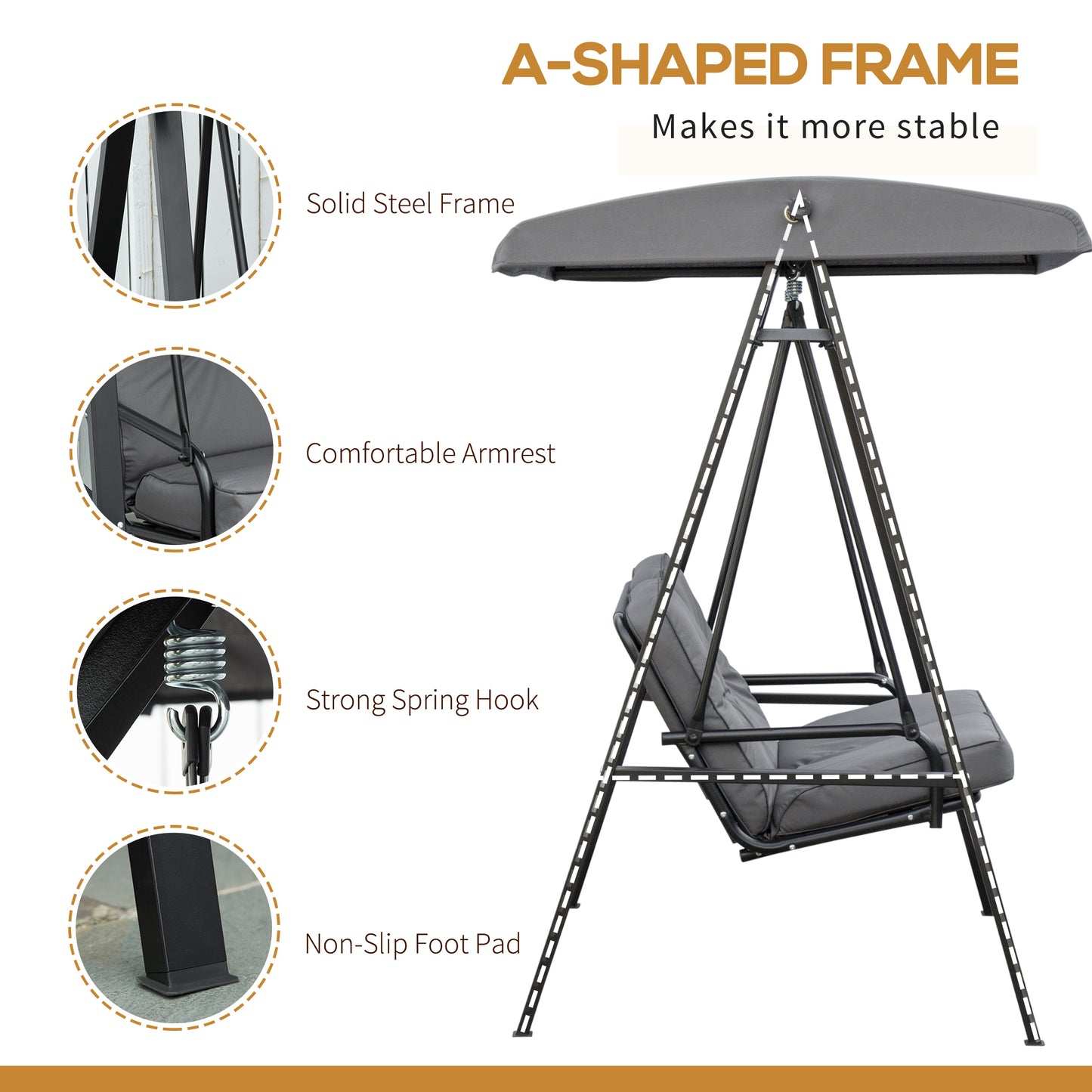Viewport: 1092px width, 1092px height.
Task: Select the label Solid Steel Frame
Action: (x=410, y=203)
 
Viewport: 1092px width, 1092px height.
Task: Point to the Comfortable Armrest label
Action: (x=430, y=453)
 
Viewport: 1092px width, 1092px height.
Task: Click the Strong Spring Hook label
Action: (x=422, y=700)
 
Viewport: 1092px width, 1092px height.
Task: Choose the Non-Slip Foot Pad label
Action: (x=413, y=944)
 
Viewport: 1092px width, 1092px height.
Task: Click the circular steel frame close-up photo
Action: (x=175, y=206)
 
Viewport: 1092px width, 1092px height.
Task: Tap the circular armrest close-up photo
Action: (x=175, y=450)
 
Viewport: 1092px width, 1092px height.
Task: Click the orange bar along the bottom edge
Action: (x=546, y=1078)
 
